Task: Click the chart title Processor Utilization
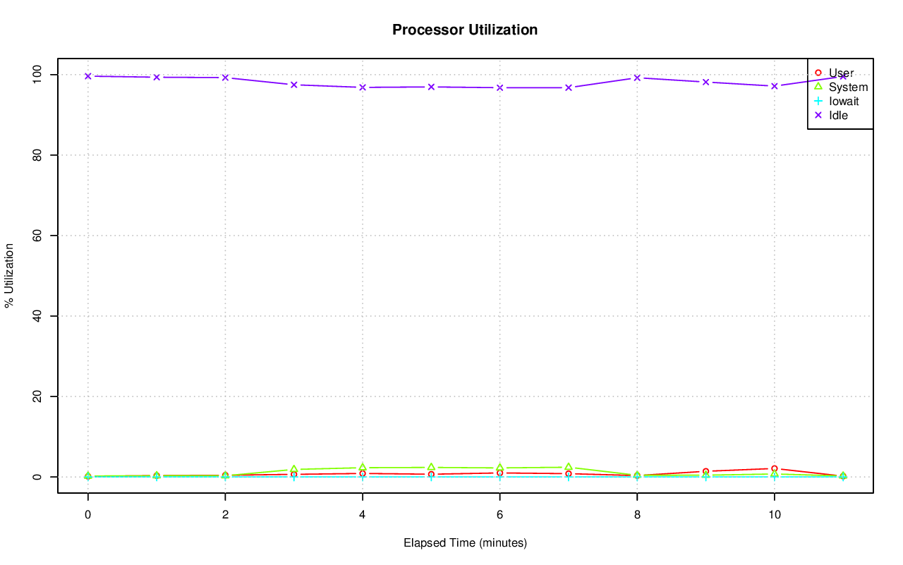(465, 30)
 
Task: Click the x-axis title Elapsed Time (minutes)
(465, 543)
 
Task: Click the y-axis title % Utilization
(10, 275)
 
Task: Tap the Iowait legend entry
(844, 101)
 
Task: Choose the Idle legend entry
(838, 115)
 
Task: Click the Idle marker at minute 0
(88, 76)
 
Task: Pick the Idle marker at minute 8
(637, 78)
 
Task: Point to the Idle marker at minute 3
(294, 85)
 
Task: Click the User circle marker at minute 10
(775, 468)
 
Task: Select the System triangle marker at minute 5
(431, 467)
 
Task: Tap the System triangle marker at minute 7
(569, 467)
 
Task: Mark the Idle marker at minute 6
(499, 87)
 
